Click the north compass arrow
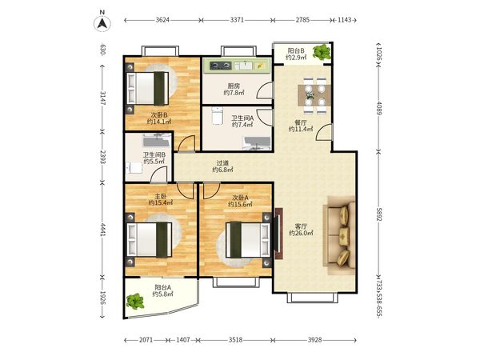pos(102,23)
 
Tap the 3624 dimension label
pos(162,20)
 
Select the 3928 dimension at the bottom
pos(314,340)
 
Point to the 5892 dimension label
pos(379,214)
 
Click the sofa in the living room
pos(340,235)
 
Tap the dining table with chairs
pos(314,95)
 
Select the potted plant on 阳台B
pos(322,52)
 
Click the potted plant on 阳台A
pos(135,302)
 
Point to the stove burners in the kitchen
pos(221,66)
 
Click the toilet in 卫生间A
pos(217,116)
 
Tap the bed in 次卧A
pos(248,240)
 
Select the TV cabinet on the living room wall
pos(278,234)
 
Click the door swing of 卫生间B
pos(159,174)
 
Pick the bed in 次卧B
pos(148,89)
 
